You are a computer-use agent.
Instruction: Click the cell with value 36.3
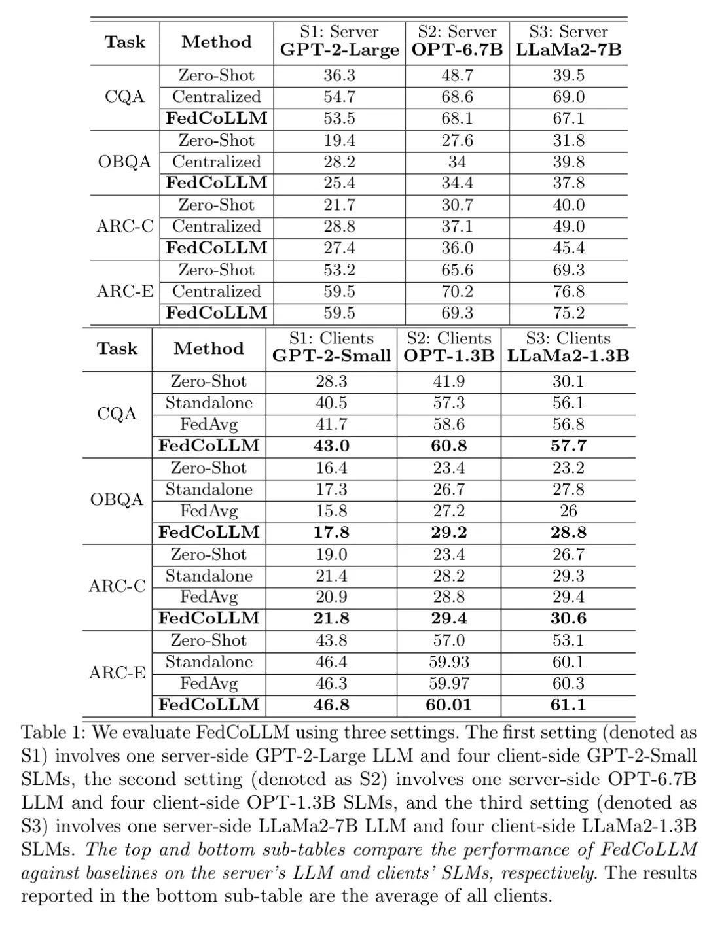coord(339,76)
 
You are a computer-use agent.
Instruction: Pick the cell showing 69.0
coord(568,97)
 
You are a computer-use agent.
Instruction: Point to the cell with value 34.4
coord(457,183)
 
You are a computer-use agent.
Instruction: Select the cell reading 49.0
coord(568,226)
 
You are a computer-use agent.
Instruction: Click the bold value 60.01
coord(449,705)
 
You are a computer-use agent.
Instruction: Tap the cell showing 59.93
coord(449,662)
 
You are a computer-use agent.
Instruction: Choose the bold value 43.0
coord(331,446)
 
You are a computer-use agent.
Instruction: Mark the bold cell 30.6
coord(568,619)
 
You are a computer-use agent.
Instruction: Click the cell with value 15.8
coord(331,511)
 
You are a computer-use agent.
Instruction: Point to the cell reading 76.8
coord(568,292)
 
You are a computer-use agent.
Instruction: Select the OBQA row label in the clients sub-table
coord(117,500)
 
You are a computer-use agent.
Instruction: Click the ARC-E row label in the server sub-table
coord(125,292)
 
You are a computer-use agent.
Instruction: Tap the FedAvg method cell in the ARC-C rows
coord(209,597)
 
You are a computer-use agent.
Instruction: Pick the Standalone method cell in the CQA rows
coord(209,403)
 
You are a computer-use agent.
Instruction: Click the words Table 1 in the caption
coord(53,733)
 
